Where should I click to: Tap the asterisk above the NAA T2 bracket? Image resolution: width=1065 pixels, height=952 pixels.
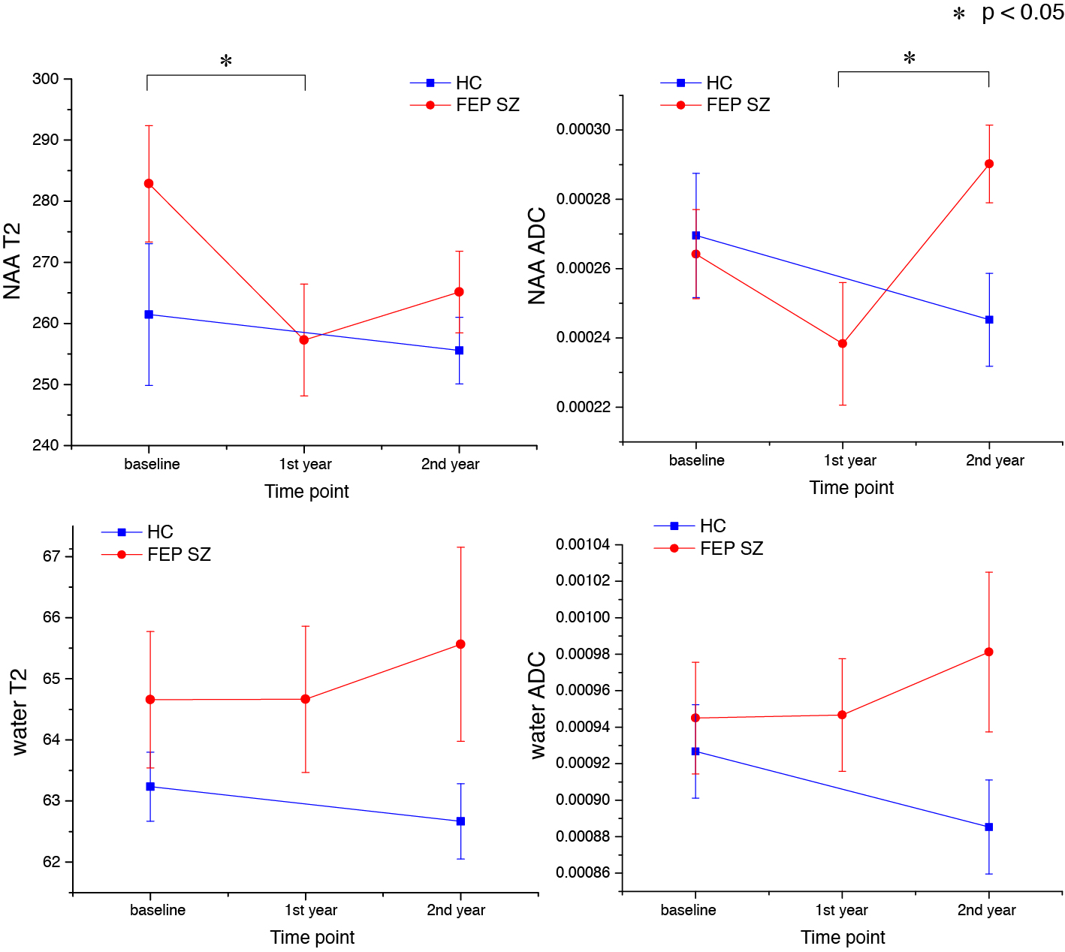coord(226,62)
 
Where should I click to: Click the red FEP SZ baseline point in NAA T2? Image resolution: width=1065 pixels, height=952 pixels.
coord(149,183)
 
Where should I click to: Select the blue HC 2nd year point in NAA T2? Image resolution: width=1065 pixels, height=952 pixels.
coord(460,351)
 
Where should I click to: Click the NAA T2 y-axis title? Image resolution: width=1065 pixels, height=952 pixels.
coord(12,261)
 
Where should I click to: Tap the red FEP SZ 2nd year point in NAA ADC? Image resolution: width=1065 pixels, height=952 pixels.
coord(989,164)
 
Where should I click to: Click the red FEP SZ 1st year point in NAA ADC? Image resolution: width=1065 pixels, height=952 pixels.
coord(843,344)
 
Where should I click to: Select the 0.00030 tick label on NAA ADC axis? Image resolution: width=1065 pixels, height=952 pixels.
coord(584,130)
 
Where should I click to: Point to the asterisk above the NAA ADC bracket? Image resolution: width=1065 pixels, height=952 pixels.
coord(910,59)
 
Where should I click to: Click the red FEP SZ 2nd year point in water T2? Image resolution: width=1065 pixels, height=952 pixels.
coord(460,644)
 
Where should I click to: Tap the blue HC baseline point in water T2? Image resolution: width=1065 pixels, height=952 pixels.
coord(150,787)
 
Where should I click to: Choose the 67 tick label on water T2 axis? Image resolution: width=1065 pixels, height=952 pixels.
coord(52,556)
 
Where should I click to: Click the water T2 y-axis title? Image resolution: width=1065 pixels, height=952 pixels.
coord(19,712)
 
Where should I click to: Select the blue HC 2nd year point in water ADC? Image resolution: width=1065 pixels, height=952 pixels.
coord(989,827)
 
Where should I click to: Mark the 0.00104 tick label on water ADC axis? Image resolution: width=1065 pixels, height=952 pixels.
coord(583,544)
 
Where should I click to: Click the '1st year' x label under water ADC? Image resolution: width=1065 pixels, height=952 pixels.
coord(841,910)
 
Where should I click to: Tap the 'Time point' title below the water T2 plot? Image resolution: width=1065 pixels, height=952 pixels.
coord(312,937)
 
